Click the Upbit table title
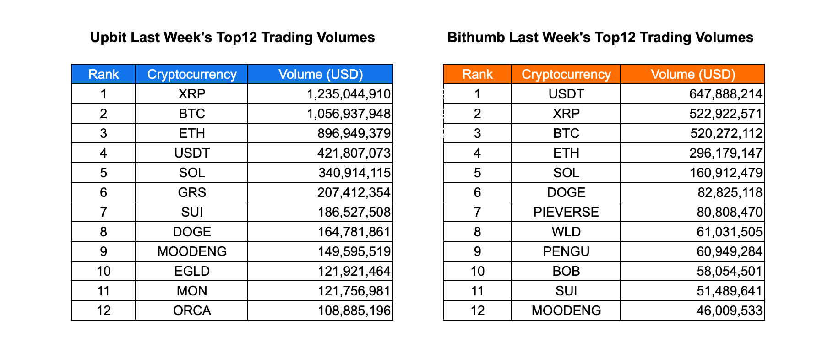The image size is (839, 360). (232, 37)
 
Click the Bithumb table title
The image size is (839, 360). (600, 37)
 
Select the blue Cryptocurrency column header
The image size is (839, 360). (192, 74)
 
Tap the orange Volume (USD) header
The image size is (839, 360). (693, 74)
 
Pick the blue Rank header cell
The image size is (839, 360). (104, 74)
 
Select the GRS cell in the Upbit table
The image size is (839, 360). (192, 192)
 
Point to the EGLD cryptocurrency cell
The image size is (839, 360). (192, 271)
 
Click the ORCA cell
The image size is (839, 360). (192, 311)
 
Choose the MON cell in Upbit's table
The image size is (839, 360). (192, 291)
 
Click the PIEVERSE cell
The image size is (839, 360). (566, 212)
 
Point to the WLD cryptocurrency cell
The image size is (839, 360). (566, 232)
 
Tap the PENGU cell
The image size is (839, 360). (566, 251)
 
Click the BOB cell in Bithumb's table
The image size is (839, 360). (566, 271)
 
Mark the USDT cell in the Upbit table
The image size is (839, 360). (192, 153)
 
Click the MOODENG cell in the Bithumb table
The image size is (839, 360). (566, 311)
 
